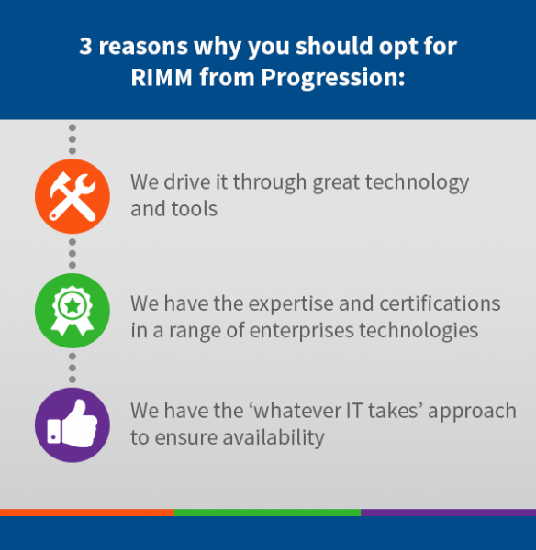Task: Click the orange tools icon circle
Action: pos(73,196)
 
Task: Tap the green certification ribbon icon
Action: pos(73,311)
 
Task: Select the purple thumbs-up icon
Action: pos(73,424)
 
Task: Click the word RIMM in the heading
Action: pos(162,77)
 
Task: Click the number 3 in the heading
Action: pos(85,46)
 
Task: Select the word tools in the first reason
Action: pos(195,209)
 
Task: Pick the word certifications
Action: pos(440,303)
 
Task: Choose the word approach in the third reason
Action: pos(472,412)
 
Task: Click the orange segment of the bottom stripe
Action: pos(87,512)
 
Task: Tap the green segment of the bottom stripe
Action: pos(268,512)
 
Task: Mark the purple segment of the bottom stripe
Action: pos(448,512)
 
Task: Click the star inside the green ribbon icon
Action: pos(73,305)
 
